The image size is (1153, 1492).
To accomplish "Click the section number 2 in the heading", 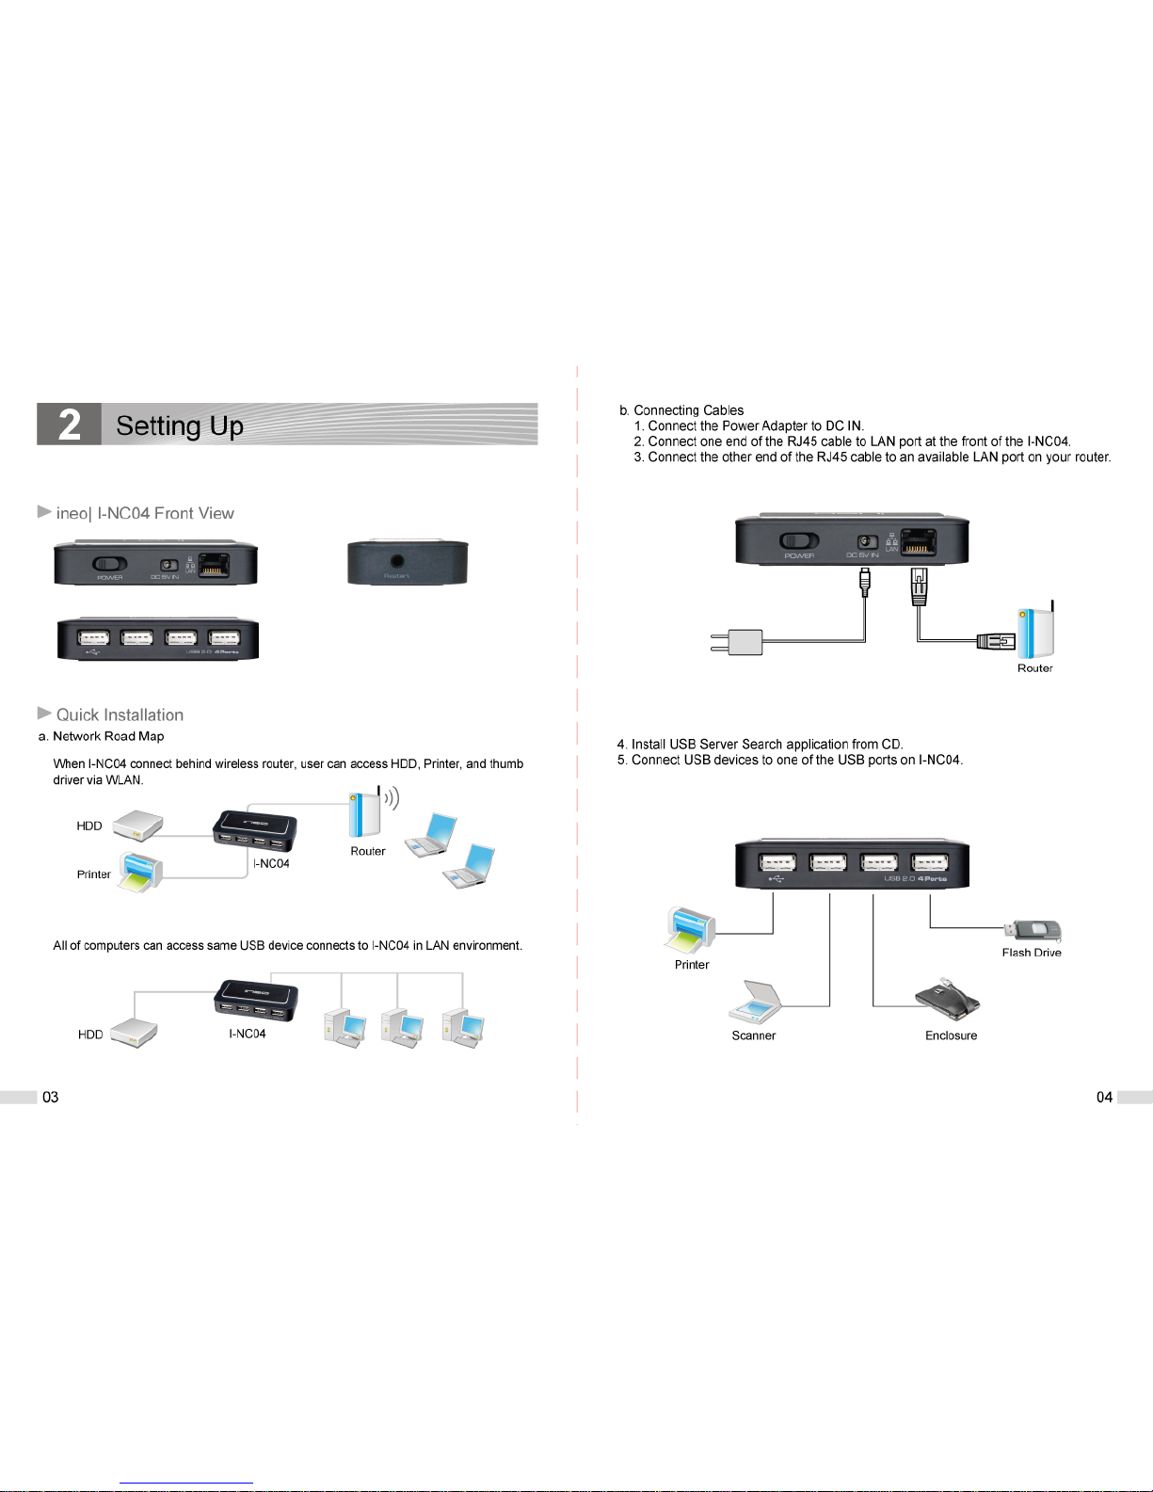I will click(x=70, y=425).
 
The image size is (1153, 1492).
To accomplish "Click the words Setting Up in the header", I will click(x=180, y=426).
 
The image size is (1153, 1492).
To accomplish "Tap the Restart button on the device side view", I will click(x=397, y=561).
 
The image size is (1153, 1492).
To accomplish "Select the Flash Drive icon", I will click(x=1033, y=930).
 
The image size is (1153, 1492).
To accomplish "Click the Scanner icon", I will click(x=756, y=1003).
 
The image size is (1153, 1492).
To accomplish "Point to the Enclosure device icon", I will click(x=947, y=998).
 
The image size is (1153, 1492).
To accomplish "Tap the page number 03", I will click(x=51, y=1097).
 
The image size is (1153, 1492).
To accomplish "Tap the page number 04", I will click(x=1104, y=1097).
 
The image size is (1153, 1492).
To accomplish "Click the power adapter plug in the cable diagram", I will click(x=738, y=643).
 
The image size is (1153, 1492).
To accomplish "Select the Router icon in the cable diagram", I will click(x=1036, y=632).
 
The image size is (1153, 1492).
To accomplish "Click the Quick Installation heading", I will click(x=120, y=715).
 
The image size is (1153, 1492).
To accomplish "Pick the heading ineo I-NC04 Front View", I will click(x=145, y=513).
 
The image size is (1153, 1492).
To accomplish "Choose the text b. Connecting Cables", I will click(x=681, y=410).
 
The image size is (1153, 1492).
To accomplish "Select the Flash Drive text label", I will click(x=1032, y=953).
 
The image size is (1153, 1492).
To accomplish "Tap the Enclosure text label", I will click(x=951, y=1035).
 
